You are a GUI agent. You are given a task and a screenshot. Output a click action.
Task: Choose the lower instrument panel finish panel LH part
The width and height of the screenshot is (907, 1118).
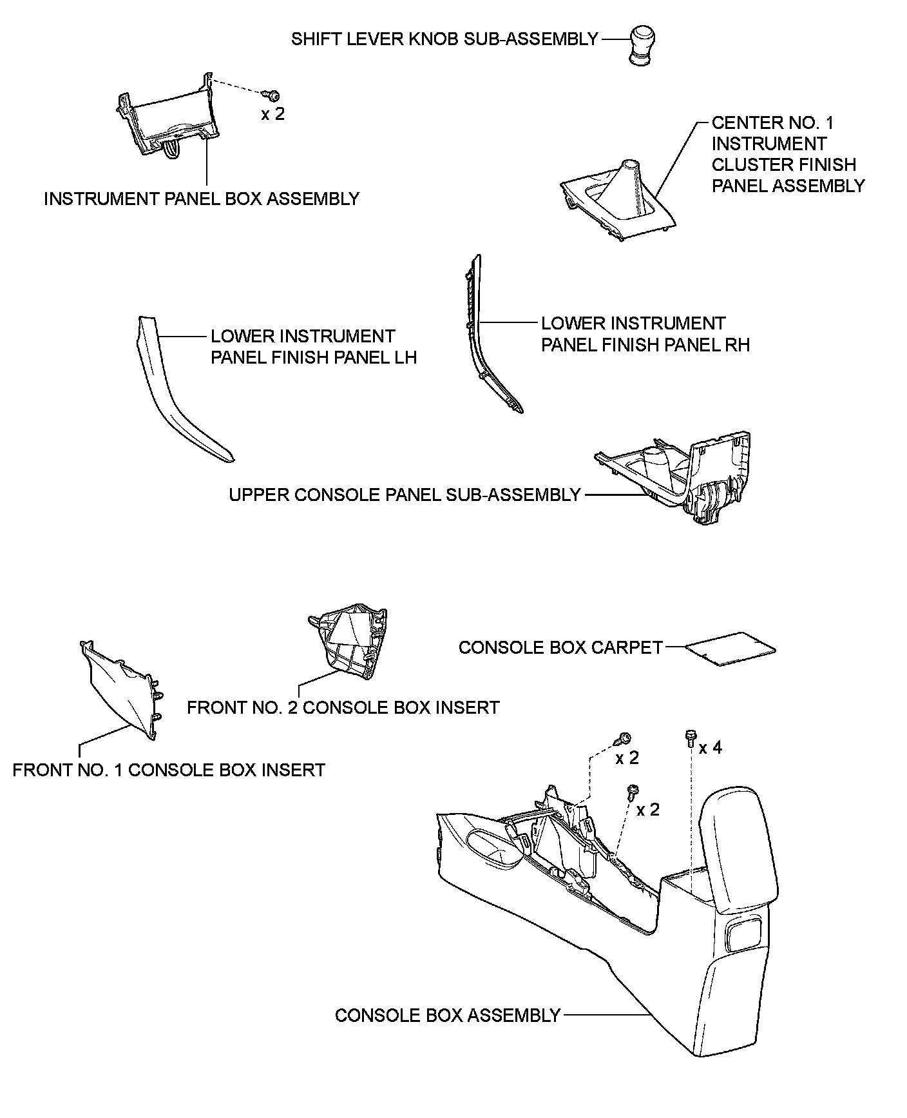[174, 393]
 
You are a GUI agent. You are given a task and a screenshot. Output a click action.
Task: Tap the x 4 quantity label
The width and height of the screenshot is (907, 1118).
[711, 748]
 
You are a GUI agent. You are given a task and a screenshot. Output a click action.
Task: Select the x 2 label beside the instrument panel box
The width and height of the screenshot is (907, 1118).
[272, 114]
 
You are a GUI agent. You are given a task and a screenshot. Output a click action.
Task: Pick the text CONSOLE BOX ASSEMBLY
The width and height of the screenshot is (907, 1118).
[448, 1015]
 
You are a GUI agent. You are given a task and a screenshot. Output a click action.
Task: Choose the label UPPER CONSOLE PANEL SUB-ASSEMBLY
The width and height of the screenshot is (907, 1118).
[405, 495]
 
